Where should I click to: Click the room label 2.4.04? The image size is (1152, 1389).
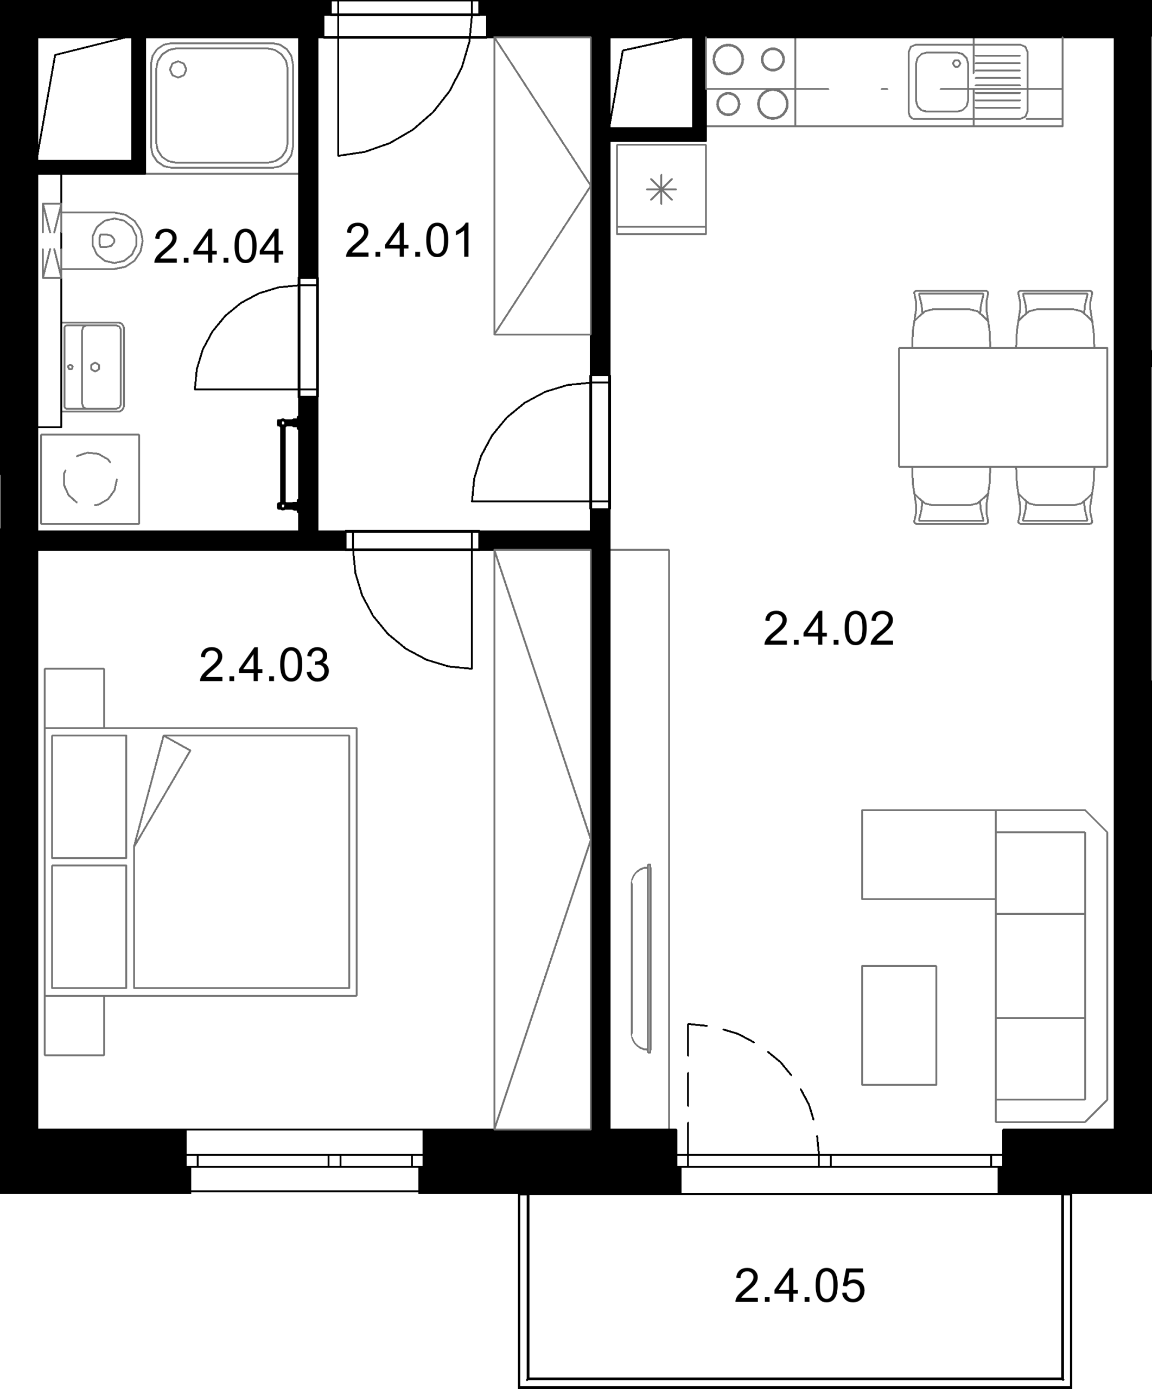pyautogui.click(x=218, y=247)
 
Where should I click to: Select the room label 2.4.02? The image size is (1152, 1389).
pyautogui.click(x=829, y=628)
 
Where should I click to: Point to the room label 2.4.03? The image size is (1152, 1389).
pyautogui.click(x=264, y=665)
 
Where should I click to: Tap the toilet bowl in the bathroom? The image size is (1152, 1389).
pyautogui.click(x=112, y=240)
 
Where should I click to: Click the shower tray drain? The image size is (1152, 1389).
pyautogui.click(x=178, y=69)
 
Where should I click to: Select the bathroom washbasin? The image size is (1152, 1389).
pyautogui.click(x=93, y=367)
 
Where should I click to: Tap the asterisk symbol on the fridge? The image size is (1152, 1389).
pyautogui.click(x=661, y=190)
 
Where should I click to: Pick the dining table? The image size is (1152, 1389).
pyautogui.click(x=1003, y=407)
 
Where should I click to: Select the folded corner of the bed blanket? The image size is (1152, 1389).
pyautogui.click(x=162, y=791)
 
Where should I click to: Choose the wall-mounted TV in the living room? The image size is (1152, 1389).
pyautogui.click(x=641, y=958)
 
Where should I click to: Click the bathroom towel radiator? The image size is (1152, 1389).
pyautogui.click(x=287, y=464)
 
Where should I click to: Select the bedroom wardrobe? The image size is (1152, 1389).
pyautogui.click(x=542, y=840)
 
